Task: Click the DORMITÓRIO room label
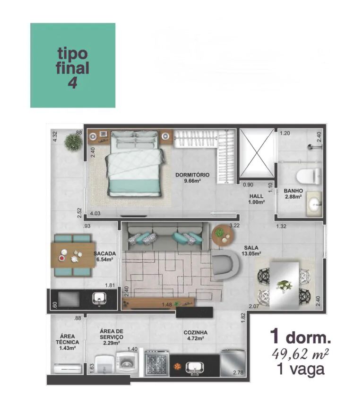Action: pyautogui.click(x=192, y=175)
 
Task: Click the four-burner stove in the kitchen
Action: pyautogui.click(x=156, y=363)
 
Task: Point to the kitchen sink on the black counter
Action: pyautogui.click(x=195, y=368)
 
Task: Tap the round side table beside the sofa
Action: pyautogui.click(x=223, y=235)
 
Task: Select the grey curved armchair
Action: pyautogui.click(x=226, y=264)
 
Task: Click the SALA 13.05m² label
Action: pyautogui.click(x=251, y=251)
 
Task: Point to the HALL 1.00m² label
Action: pyautogui.click(x=256, y=199)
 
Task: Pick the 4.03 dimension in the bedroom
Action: pyautogui.click(x=95, y=213)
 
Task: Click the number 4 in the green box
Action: pyautogui.click(x=73, y=83)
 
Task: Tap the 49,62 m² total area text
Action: pyautogui.click(x=300, y=354)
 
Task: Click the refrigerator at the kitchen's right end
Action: pyautogui.click(x=233, y=363)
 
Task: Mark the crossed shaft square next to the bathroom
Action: pyautogui.click(x=257, y=153)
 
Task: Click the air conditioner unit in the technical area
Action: pyautogui.click(x=67, y=368)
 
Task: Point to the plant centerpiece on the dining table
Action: pyautogui.click(x=285, y=285)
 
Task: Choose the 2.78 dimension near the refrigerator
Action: pyautogui.click(x=238, y=372)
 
